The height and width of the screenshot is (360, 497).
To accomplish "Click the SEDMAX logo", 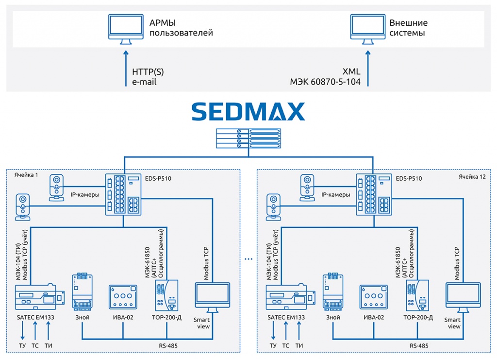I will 248,111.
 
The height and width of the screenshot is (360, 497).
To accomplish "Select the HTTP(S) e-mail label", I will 148,77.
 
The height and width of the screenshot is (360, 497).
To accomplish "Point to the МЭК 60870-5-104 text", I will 325,82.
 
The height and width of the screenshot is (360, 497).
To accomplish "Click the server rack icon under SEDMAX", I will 248,138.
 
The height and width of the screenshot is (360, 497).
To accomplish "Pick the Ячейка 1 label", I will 26,174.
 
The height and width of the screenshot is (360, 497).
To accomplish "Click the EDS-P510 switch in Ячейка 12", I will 374,194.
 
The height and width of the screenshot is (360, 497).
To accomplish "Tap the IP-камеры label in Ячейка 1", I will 85,195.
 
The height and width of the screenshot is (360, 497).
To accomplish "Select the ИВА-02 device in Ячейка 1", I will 122,297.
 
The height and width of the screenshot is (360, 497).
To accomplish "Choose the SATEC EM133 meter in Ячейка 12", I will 286,297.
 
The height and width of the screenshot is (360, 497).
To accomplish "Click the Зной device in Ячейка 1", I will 82,291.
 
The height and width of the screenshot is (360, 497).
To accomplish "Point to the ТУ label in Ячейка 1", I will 22,345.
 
